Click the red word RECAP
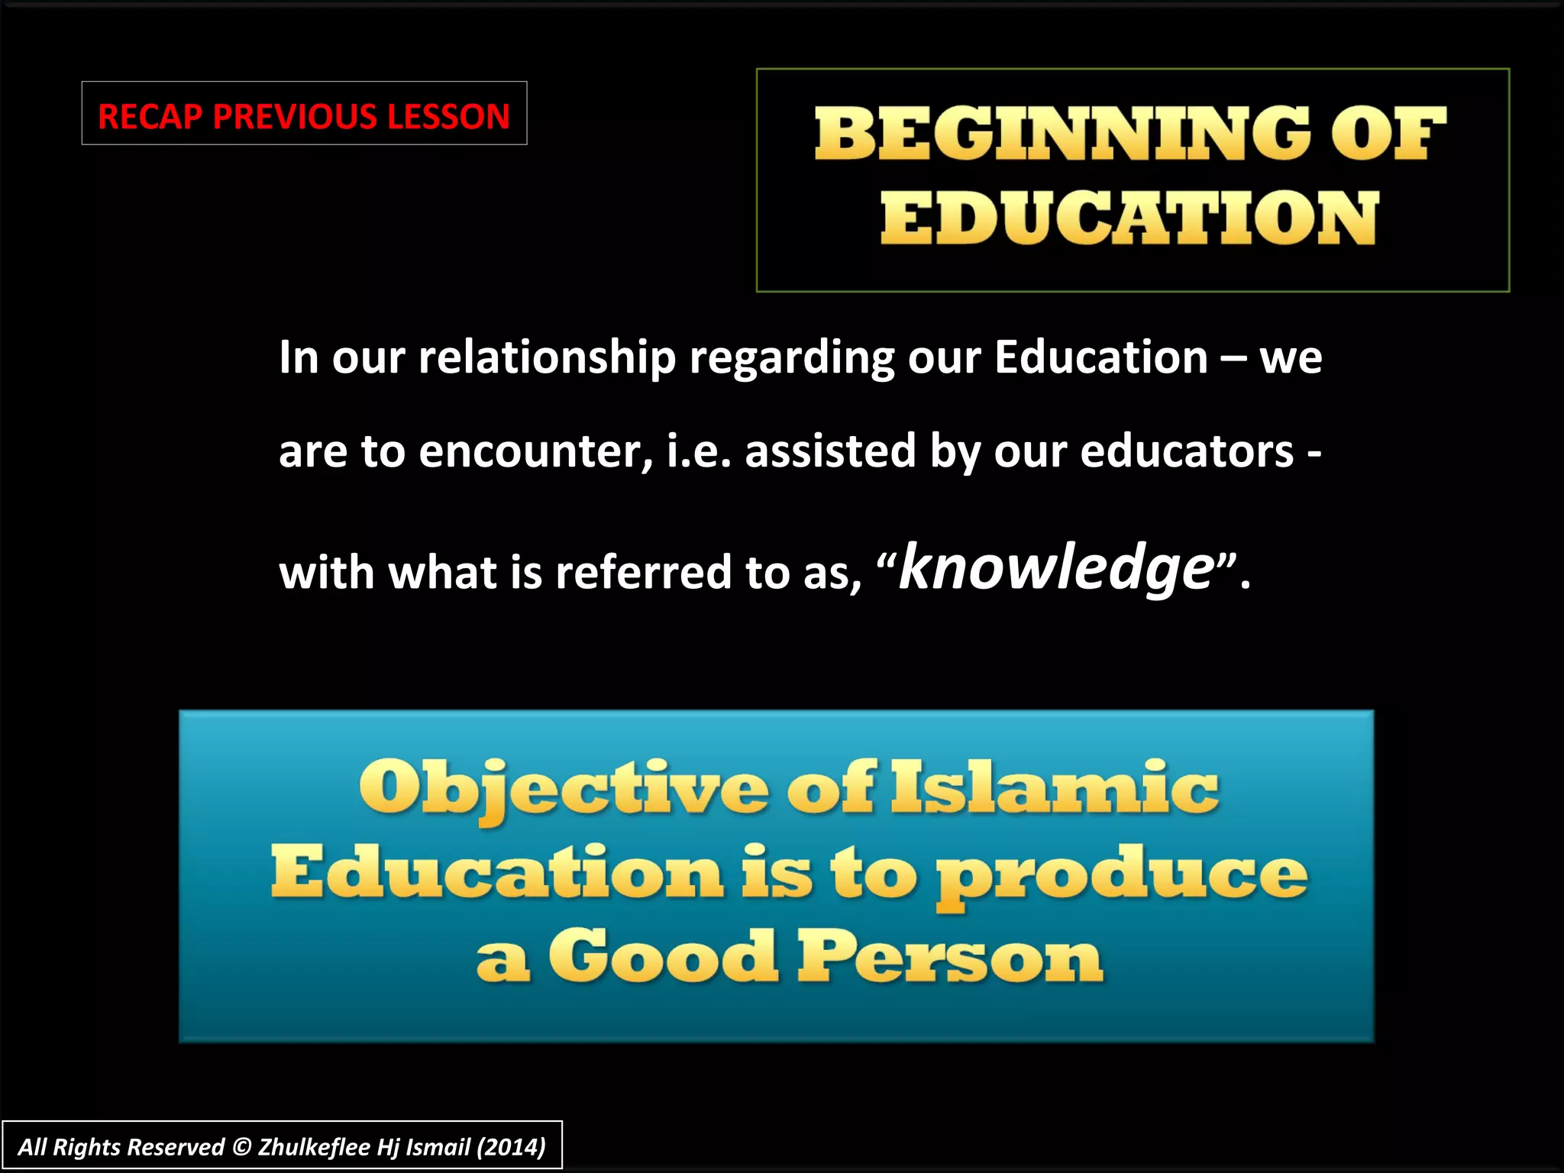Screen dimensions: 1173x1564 pos(150,117)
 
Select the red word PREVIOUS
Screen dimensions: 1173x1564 pos(294,117)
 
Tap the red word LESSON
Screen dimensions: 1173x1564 pos(448,117)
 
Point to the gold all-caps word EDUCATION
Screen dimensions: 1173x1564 pos(1129,218)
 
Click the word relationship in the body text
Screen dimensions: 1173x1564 pos(547,357)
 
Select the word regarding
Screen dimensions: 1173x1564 pos(792,357)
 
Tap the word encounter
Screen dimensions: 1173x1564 pos(535,451)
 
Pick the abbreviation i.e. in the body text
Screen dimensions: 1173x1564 pos(700,451)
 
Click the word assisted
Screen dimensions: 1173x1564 pos(830,451)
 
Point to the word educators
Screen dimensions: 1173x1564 pos(1187,451)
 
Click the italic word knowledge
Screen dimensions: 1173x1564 pos(1056,568)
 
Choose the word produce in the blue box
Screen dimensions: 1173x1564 pos(1123,875)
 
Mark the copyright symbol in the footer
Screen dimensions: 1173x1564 pos(241,1147)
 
